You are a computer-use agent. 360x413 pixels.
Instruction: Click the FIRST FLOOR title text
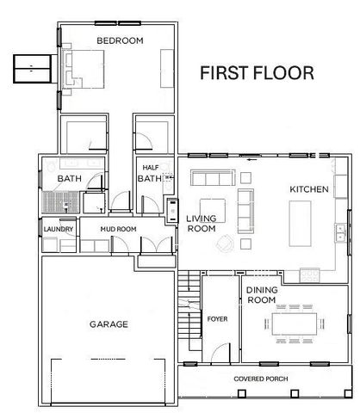point(256,73)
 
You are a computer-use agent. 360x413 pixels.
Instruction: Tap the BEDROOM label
point(119,40)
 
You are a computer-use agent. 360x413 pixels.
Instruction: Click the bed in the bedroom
point(86,68)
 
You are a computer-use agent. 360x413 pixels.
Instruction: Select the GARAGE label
point(109,324)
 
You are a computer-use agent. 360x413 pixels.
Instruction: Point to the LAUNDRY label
point(59,229)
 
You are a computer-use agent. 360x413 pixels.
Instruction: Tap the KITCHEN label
point(309,189)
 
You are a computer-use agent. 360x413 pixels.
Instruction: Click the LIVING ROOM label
point(201,224)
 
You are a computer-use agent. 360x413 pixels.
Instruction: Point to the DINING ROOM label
point(261,295)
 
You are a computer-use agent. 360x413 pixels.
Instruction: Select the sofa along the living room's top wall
point(212,180)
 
